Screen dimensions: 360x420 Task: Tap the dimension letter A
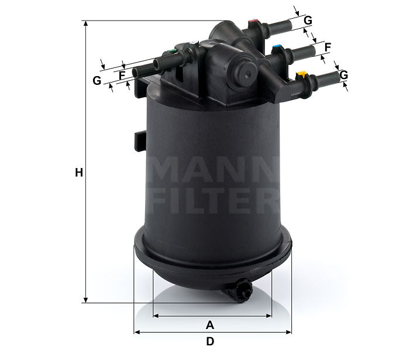[x=210, y=325]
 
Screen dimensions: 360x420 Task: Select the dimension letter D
[x=210, y=341]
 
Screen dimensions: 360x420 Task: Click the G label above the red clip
[x=308, y=20]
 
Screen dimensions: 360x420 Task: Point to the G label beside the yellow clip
[x=344, y=74]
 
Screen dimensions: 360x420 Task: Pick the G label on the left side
[x=97, y=80]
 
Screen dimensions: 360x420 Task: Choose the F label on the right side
[x=328, y=47]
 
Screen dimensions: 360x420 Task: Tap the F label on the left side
[x=122, y=76]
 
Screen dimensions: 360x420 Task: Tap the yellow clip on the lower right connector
[x=302, y=75]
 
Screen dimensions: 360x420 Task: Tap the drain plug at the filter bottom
[x=242, y=290]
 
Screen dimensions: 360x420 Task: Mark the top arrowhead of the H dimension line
[x=86, y=24]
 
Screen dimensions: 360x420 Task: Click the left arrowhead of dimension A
[x=156, y=316]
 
